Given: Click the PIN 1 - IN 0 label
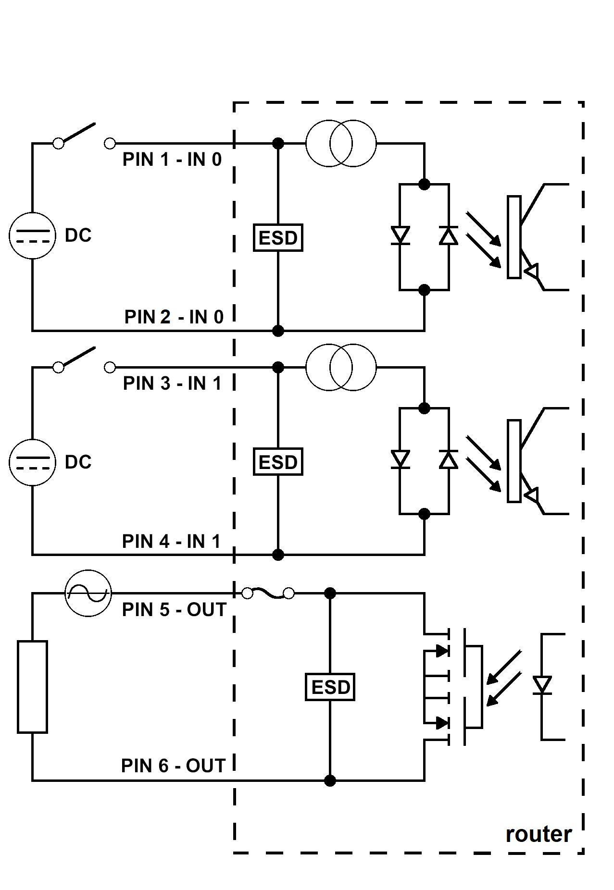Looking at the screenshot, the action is [x=172, y=160].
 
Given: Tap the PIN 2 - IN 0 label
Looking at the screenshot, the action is [x=174, y=317].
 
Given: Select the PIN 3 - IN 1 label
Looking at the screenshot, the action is [x=172, y=383].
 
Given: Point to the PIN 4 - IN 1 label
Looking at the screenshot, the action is [x=171, y=542].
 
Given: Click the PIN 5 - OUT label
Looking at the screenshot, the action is [x=174, y=610].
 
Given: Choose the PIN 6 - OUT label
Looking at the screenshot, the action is [x=173, y=766].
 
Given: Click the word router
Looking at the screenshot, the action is [x=539, y=835].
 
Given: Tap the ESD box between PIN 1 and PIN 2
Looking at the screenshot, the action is [x=278, y=237].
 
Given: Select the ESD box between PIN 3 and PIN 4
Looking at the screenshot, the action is [x=278, y=462].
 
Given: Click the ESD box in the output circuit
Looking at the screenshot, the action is [x=330, y=687].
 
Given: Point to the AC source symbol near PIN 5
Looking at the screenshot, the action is [x=88, y=593].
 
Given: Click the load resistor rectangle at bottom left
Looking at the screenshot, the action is [x=32, y=687].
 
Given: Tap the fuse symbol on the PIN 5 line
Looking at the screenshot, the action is [x=268, y=594].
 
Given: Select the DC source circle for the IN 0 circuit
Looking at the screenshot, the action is [x=32, y=235].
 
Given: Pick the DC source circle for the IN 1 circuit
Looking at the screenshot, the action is [x=32, y=462].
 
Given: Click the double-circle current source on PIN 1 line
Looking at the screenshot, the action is [x=341, y=143].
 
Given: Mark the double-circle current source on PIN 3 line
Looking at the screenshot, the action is [x=341, y=368].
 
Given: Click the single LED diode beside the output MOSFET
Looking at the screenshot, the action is [x=542, y=685].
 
